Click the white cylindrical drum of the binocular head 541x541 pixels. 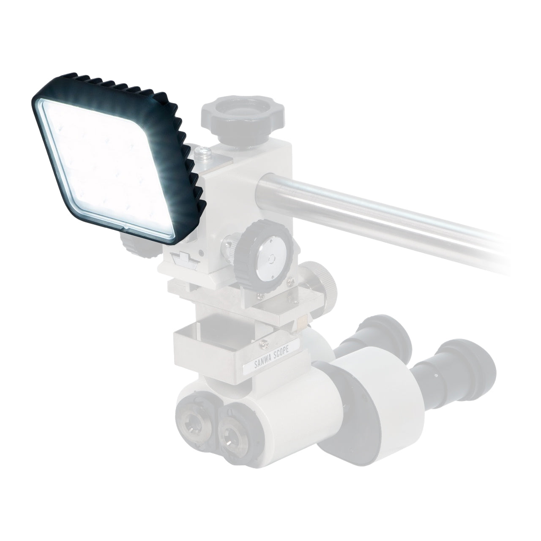coord(372,397)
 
